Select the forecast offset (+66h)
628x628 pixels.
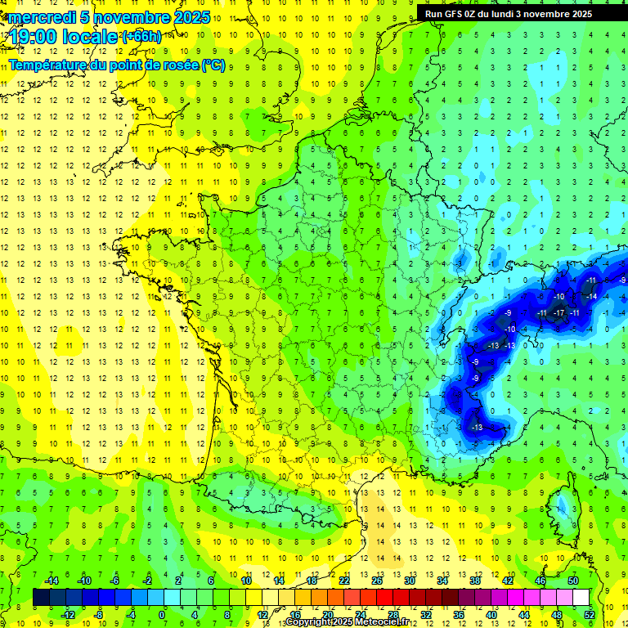[141, 36]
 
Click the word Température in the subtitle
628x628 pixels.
[50, 65]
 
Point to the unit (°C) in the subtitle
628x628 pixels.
[213, 65]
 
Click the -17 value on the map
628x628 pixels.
[559, 312]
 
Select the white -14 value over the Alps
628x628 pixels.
[590, 296]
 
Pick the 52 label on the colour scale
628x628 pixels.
[589, 614]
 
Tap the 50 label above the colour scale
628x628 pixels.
[572, 580]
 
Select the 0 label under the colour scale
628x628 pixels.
[162, 614]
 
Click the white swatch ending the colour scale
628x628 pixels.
[581, 597]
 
